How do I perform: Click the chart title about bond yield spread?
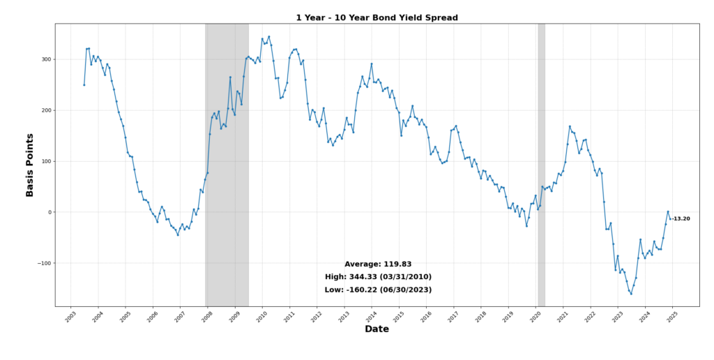point(377,17)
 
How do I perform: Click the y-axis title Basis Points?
point(30,165)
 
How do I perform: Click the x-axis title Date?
point(377,329)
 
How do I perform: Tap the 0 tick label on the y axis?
point(48,212)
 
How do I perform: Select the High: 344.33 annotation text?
point(378,277)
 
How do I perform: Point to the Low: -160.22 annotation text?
point(378,290)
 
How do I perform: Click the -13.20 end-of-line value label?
point(681,219)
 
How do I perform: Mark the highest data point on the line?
point(269,37)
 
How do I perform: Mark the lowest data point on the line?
point(631,294)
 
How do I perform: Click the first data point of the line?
point(84,85)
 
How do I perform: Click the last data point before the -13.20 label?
point(670,219)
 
